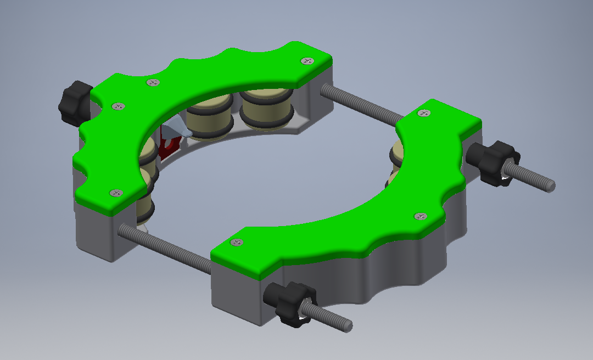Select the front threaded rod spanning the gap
click(x=165, y=247)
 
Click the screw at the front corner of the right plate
click(x=237, y=242)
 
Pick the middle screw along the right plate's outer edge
click(x=419, y=216)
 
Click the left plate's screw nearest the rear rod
click(x=307, y=61)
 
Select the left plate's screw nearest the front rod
click(x=116, y=193)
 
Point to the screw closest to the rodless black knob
click(x=116, y=106)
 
